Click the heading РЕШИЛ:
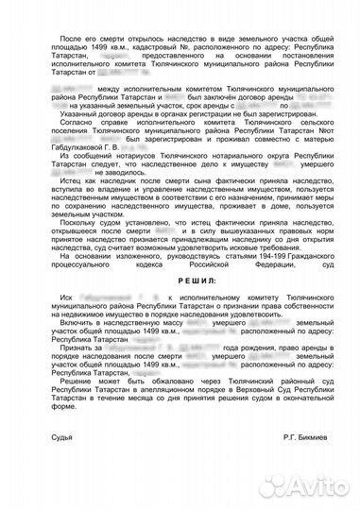180,307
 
